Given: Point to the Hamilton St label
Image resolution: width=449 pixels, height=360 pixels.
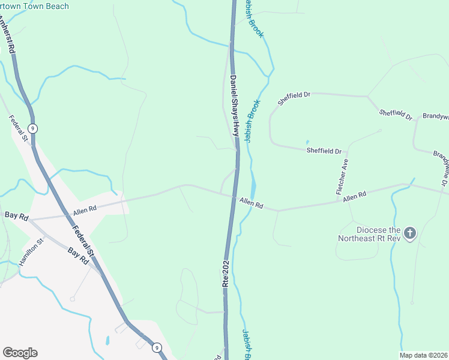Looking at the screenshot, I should point(32,253).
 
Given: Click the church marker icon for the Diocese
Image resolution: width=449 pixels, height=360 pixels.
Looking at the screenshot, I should point(410,233).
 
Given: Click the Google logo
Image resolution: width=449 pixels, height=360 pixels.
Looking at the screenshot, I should point(20,353).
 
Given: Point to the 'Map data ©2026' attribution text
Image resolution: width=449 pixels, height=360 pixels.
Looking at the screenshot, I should point(423,355).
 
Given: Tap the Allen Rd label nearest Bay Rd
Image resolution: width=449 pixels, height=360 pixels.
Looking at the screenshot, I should point(85,211).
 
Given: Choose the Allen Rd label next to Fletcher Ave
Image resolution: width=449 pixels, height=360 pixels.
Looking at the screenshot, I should point(354,197).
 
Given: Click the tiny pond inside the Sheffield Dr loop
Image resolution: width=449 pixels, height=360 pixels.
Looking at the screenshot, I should point(307,142).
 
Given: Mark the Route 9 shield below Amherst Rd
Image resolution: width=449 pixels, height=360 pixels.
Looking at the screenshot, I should point(34,128).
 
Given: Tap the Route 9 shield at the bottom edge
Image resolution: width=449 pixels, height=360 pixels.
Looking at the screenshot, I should point(156,347).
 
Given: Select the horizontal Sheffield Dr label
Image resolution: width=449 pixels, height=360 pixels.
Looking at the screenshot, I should point(324,151).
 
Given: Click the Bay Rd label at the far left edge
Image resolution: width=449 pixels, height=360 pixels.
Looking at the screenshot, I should point(16,215).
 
